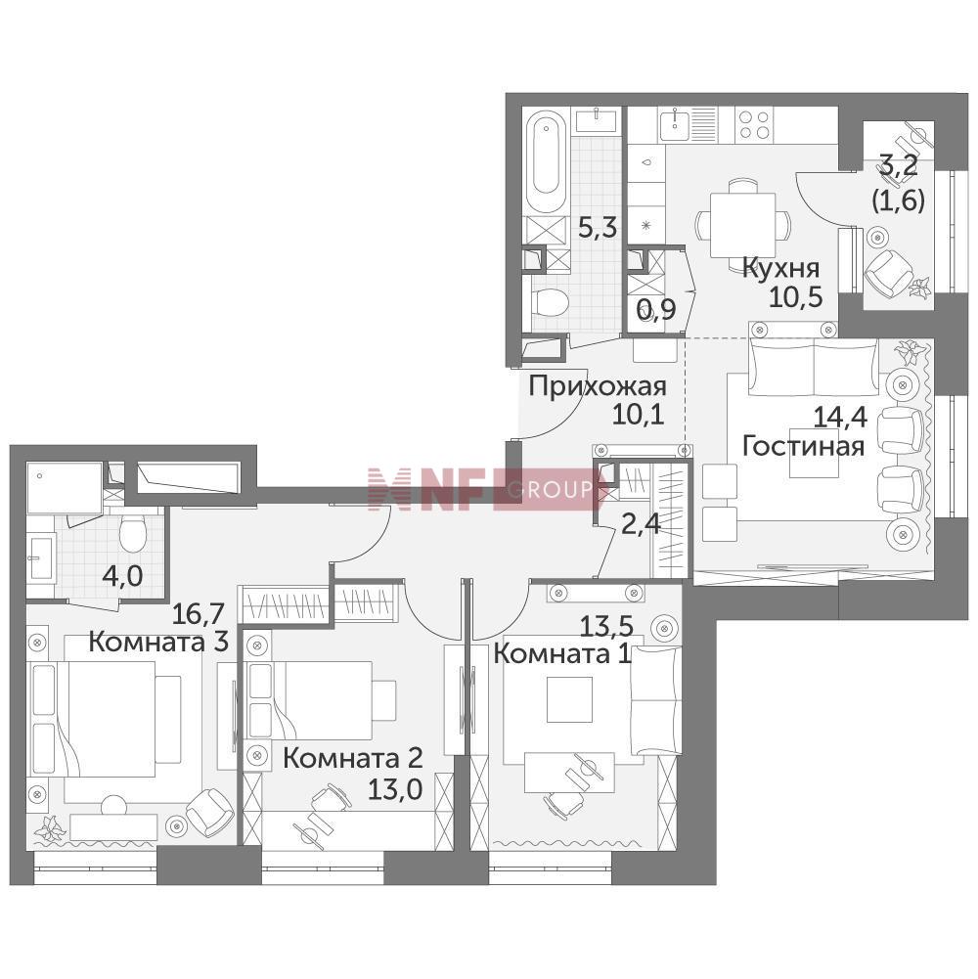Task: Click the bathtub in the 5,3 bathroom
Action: pyautogui.click(x=547, y=161)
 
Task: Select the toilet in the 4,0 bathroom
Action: pyautogui.click(x=132, y=533)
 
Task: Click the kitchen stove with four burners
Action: pyautogui.click(x=754, y=123)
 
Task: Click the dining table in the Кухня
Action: pyautogui.click(x=742, y=225)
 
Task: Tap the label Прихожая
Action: pyautogui.click(x=598, y=386)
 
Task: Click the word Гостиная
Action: pyautogui.click(x=803, y=446)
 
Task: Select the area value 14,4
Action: pyautogui.click(x=840, y=418)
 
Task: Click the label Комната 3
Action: pyautogui.click(x=158, y=642)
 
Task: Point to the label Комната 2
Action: pyautogui.click(x=353, y=758)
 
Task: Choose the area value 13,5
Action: pyautogui.click(x=606, y=625)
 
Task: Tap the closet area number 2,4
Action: pyautogui.click(x=641, y=523)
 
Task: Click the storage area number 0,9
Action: pyautogui.click(x=655, y=308)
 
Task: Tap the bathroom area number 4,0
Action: pyautogui.click(x=122, y=576)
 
